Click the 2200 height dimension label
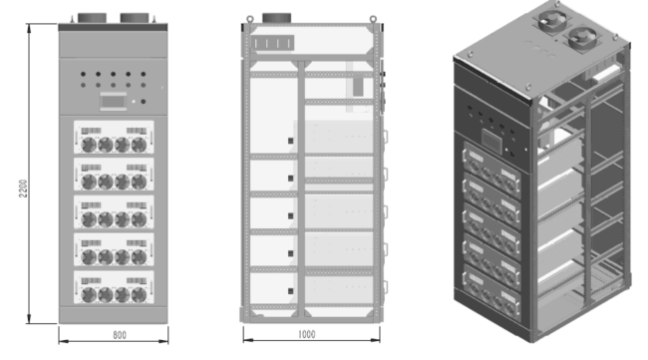(x=23, y=188)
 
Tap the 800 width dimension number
(x=120, y=335)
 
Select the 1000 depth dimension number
(x=307, y=334)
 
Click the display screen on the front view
(x=114, y=102)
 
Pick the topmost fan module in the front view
(x=114, y=138)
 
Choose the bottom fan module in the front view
(x=114, y=287)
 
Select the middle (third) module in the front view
(x=114, y=212)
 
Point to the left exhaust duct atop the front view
(x=92, y=18)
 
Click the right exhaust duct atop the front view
(x=135, y=18)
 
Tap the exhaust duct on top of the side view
(x=277, y=18)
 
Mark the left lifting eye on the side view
(x=249, y=19)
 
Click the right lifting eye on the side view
(x=373, y=19)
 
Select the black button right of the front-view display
(x=143, y=102)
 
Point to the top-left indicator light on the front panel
(x=83, y=74)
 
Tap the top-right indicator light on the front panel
(x=143, y=74)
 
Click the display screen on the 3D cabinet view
(x=492, y=141)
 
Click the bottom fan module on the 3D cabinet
(x=491, y=292)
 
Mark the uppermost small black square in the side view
(x=290, y=141)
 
